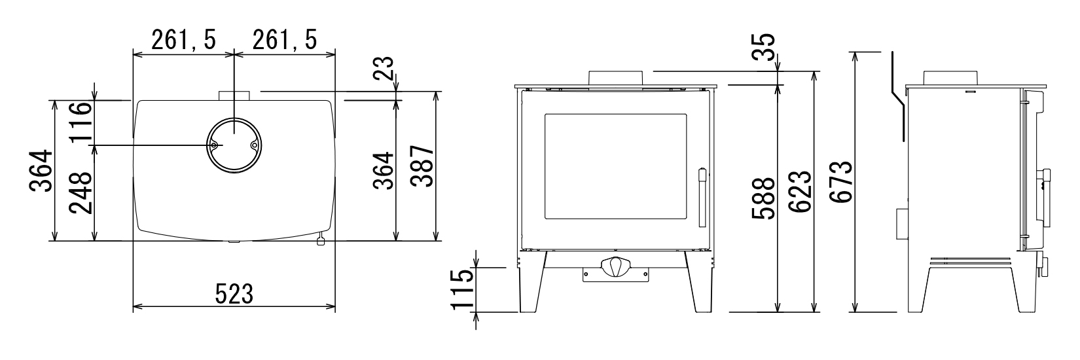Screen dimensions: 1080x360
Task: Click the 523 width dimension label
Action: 234,293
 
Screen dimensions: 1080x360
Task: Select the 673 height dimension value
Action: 843,182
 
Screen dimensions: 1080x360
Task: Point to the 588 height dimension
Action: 763,198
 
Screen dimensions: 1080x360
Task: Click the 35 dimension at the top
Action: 763,46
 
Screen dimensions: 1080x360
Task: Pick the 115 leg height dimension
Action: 460,289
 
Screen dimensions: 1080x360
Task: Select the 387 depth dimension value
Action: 424,166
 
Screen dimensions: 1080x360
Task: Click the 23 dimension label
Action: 384,69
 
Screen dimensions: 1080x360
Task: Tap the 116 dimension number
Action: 80,121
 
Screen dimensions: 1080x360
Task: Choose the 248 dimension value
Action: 80,193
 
